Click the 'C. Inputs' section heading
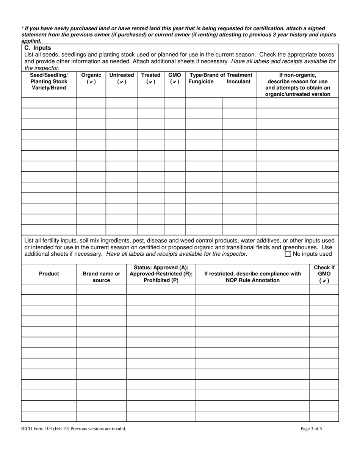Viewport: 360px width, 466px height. (38, 48)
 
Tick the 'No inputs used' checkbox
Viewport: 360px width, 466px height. (288, 254)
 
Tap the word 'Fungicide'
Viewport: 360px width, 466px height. (201, 81)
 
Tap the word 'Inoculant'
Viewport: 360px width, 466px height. (238, 81)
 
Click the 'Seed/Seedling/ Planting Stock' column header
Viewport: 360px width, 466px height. (49, 81)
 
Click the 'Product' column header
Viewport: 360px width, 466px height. (49, 274)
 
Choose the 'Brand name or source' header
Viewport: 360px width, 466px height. (101, 277)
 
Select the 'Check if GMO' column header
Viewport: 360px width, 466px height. (324, 274)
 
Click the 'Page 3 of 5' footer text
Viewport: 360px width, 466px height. (311, 429)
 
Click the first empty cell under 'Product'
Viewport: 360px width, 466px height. (49, 289)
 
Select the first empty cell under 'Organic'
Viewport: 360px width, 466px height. (91, 103)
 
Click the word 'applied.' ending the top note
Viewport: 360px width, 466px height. (31, 41)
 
